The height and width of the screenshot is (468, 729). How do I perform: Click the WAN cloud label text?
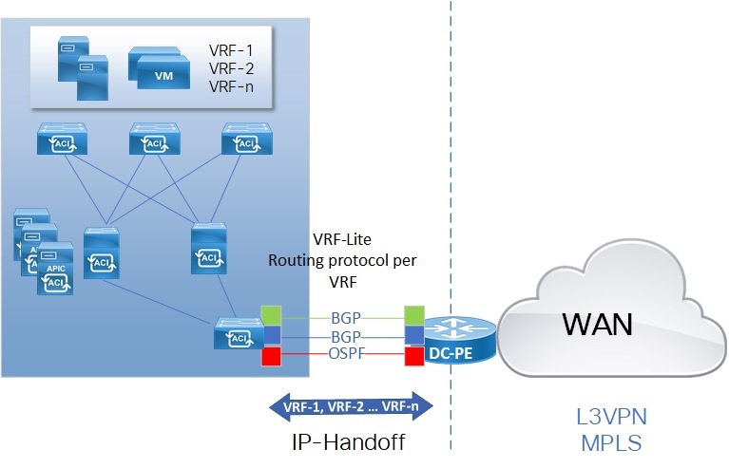[x=598, y=325]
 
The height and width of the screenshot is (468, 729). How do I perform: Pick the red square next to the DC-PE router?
[x=413, y=357]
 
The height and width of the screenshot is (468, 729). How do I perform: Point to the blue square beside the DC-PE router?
[x=413, y=336]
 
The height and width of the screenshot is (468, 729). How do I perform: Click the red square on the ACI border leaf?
[x=272, y=357]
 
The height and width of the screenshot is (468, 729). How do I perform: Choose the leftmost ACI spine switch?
[x=62, y=140]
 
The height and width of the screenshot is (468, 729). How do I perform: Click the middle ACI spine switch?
[x=154, y=140]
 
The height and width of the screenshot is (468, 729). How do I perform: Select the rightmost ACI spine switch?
[x=245, y=140]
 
